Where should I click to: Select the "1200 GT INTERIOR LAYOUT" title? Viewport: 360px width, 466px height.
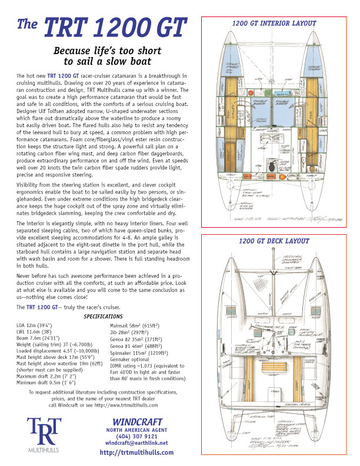[x=275, y=24]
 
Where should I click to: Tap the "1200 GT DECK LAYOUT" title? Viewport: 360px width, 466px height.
[x=274, y=241]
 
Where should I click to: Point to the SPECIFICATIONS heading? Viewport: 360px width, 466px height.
[x=91, y=316]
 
